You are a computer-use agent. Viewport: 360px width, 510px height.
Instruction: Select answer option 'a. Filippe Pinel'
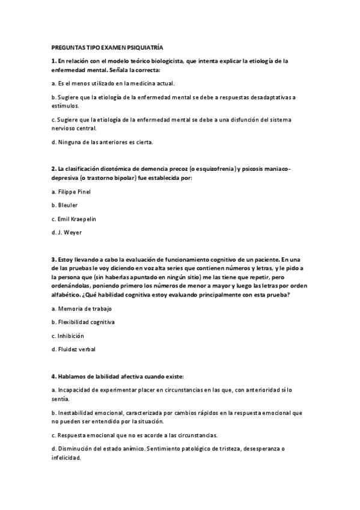coord(71,192)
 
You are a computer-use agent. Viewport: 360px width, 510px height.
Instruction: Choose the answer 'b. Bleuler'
coord(64,205)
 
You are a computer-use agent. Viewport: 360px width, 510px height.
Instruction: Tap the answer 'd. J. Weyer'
coord(66,232)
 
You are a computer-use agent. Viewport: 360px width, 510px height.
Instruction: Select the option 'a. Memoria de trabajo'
coord(82,309)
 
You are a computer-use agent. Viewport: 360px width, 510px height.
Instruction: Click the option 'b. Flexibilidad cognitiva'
coord(83,322)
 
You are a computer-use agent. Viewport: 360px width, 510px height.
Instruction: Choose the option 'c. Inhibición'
coord(67,336)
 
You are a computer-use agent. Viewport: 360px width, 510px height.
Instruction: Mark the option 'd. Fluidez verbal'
coord(73,349)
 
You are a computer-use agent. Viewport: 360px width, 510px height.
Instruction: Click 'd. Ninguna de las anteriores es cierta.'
coord(102,142)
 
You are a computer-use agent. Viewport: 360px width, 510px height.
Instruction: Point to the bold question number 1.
coord(53,61)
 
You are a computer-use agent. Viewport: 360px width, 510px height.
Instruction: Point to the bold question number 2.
coord(53,170)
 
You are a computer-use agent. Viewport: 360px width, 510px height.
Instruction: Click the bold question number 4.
coord(53,376)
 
